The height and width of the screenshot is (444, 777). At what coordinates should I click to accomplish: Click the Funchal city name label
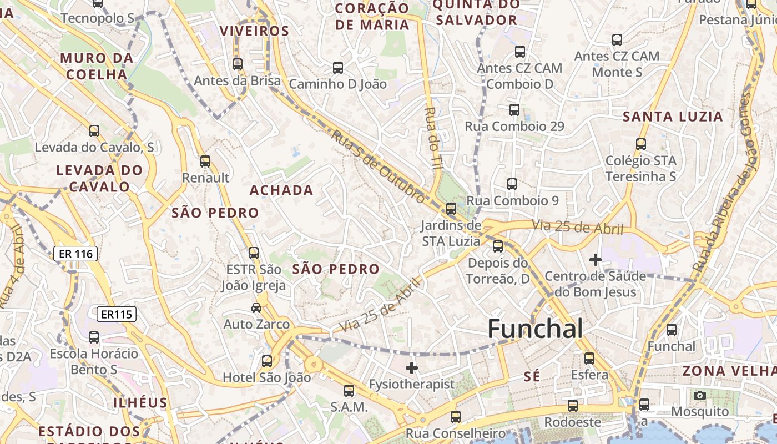(535, 329)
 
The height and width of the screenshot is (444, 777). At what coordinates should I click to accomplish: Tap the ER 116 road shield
(76, 254)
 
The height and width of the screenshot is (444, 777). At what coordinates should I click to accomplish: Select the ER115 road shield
(116, 315)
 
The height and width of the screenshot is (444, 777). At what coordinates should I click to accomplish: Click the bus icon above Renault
(205, 162)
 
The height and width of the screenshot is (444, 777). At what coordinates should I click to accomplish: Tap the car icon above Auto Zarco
(256, 307)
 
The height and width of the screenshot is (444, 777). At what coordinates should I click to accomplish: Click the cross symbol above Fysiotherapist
(411, 367)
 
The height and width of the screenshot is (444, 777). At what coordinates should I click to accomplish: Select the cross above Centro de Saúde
(596, 259)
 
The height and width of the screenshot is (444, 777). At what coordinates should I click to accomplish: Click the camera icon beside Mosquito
(700, 395)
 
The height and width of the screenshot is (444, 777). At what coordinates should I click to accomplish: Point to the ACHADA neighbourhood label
(281, 190)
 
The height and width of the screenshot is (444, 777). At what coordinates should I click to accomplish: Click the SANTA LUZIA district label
(673, 117)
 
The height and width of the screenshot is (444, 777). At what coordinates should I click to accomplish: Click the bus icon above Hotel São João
(267, 361)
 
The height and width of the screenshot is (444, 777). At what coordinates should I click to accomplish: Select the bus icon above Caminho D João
(338, 68)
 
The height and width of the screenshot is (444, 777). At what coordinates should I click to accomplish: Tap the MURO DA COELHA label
(97, 66)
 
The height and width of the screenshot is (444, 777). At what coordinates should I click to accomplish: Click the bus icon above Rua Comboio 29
(514, 109)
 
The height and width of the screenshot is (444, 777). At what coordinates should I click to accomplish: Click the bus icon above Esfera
(589, 359)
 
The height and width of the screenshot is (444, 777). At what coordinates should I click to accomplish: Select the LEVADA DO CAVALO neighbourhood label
(99, 178)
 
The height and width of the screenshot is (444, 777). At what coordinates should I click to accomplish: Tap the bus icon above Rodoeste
(573, 405)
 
